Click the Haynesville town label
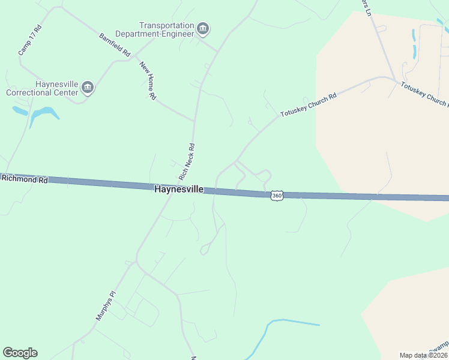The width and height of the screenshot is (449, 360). click(179, 189)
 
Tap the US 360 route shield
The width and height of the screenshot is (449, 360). click(276, 196)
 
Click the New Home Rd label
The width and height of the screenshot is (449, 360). click(148, 80)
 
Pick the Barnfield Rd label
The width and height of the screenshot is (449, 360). click(115, 44)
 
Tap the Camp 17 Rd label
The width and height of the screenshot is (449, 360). click(29, 40)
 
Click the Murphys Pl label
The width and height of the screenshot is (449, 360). click(105, 305)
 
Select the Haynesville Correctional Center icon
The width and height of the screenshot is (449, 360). click(88, 88)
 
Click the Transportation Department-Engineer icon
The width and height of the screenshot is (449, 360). click(203, 29)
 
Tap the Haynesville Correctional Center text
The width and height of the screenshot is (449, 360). click(42, 88)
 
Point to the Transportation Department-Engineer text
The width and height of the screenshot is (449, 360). click(167, 29)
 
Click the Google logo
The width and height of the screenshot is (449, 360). click(20, 353)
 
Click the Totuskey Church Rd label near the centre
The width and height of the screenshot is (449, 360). click(308, 105)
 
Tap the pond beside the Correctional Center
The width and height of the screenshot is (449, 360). click(43, 113)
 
